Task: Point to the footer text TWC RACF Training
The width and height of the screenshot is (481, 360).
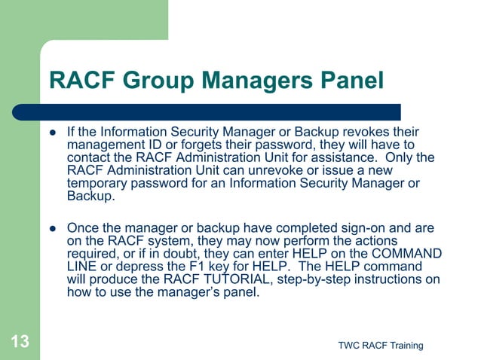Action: point(381,345)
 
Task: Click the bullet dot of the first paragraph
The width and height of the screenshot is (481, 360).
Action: point(53,133)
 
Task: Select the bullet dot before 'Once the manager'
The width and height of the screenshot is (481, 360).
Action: point(53,227)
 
